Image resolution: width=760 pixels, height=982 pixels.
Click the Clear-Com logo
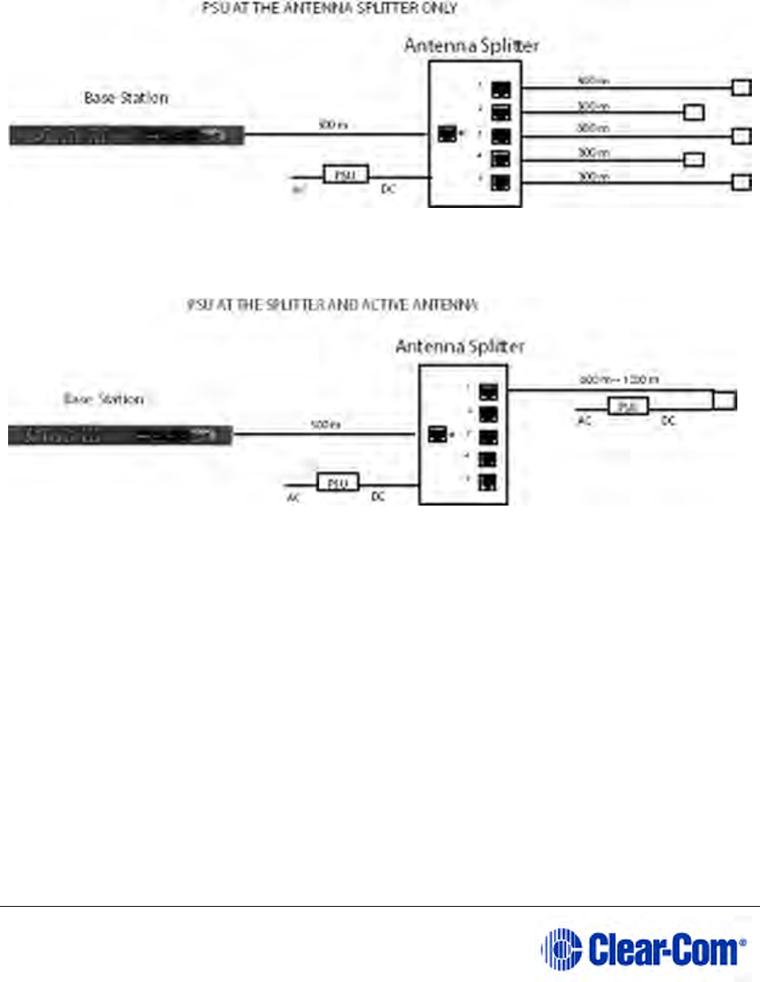(643, 947)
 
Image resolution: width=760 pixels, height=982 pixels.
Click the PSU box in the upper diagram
(345, 174)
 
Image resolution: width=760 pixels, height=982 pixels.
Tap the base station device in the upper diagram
(126, 135)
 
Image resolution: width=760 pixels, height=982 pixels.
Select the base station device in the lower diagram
(120, 436)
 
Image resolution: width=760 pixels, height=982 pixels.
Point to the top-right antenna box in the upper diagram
(741, 87)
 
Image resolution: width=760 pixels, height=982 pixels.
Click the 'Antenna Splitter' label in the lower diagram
(460, 346)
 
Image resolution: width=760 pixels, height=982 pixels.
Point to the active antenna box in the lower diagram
(724, 400)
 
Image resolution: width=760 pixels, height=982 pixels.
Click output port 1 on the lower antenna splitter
(488, 392)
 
